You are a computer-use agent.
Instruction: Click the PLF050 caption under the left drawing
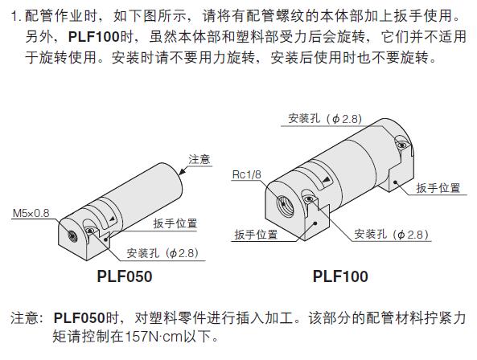(x=125, y=276)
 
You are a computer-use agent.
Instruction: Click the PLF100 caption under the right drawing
(x=340, y=276)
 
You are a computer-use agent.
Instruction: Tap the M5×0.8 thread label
(x=31, y=213)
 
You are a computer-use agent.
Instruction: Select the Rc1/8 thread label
(x=246, y=174)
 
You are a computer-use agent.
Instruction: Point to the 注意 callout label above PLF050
(x=199, y=159)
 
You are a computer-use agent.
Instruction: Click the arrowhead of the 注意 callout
(x=182, y=172)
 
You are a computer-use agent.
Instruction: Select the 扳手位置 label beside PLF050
(x=175, y=223)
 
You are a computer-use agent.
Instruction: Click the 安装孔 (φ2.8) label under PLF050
(x=162, y=253)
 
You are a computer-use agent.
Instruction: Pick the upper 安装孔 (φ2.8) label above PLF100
(x=325, y=118)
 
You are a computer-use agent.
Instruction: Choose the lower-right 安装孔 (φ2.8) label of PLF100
(x=392, y=234)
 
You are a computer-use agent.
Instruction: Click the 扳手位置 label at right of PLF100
(x=438, y=188)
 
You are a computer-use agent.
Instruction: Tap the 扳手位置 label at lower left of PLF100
(x=256, y=235)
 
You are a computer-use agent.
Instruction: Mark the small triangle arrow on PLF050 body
(x=113, y=219)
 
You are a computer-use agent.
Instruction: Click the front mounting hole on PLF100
(x=309, y=199)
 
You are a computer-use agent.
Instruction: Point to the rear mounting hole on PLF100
(x=401, y=144)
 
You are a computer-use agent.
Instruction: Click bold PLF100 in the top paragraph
(x=94, y=37)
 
